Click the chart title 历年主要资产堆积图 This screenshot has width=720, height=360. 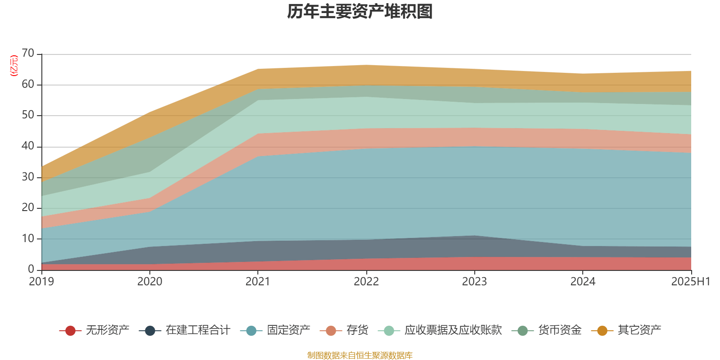pyautogui.click(x=360, y=12)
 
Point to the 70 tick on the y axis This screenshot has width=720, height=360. pyautogui.click(x=28, y=54)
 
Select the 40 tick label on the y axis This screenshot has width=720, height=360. pyautogui.click(x=28, y=146)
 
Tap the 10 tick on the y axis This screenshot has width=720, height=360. pyautogui.click(x=28, y=238)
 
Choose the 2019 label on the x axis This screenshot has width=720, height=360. pyautogui.click(x=41, y=282)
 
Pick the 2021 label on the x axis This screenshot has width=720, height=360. pyautogui.click(x=258, y=282)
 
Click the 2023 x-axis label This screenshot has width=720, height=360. pyautogui.click(x=474, y=282)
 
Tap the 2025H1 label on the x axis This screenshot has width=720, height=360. pyautogui.click(x=690, y=282)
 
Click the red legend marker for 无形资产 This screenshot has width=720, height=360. pyautogui.click(x=70, y=331)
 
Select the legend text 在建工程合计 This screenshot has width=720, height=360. pyautogui.click(x=198, y=330)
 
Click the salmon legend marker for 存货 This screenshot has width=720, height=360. pyautogui.click(x=331, y=331)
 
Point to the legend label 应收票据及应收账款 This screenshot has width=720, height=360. pyautogui.click(x=453, y=330)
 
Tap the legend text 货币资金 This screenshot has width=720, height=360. pyautogui.click(x=560, y=330)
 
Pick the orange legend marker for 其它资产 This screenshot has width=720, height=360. pyautogui.click(x=602, y=331)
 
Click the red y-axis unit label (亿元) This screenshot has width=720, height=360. pyautogui.click(x=14, y=66)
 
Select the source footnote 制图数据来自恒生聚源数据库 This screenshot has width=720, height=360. pyautogui.click(x=360, y=355)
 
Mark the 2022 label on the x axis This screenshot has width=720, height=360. pyautogui.click(x=366, y=282)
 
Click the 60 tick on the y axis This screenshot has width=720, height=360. pyautogui.click(x=28, y=85)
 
